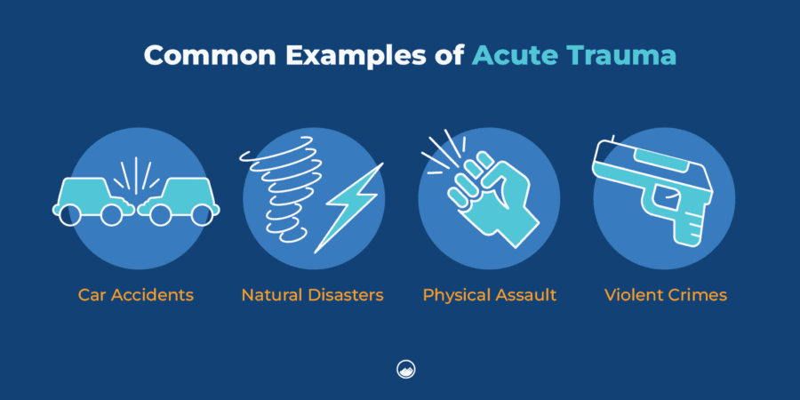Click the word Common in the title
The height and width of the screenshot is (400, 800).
(x=197, y=55)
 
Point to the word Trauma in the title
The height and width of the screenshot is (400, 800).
(x=620, y=55)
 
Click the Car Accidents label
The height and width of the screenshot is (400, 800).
(x=135, y=294)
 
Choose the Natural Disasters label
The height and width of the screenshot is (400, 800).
(x=312, y=294)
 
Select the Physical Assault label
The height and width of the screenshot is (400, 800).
(x=489, y=294)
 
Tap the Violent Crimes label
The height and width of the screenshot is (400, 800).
(x=665, y=294)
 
